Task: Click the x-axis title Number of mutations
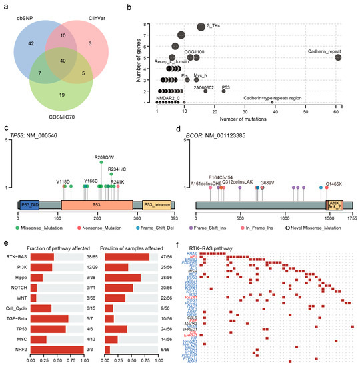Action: click(247, 118)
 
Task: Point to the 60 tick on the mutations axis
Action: click(337, 110)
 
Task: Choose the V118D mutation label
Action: click(64, 181)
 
